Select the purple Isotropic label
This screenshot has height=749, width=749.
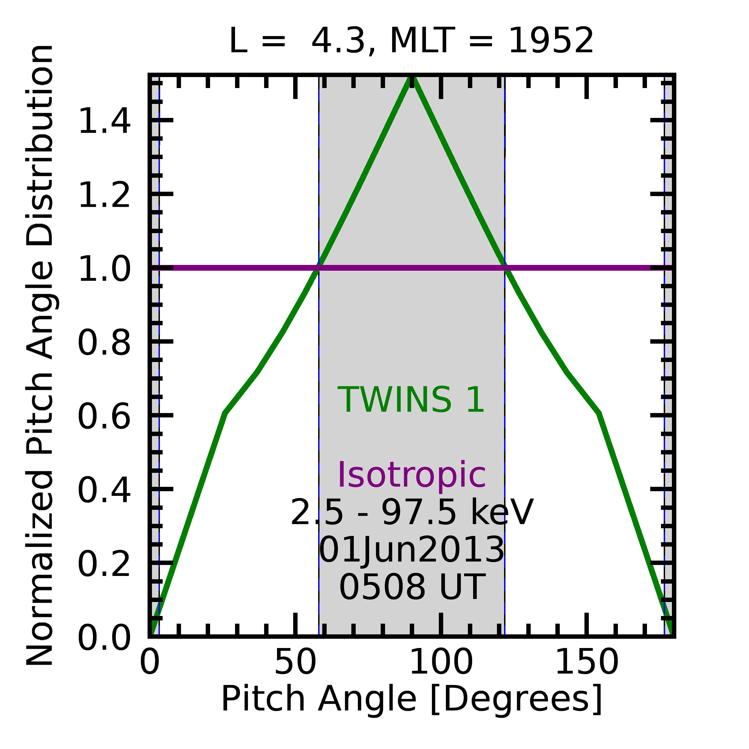(x=411, y=475)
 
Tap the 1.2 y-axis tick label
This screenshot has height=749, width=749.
(x=104, y=195)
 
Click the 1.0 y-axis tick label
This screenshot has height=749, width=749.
(x=104, y=269)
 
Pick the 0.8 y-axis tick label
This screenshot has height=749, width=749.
(x=104, y=343)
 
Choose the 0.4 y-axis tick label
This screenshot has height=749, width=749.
(x=104, y=490)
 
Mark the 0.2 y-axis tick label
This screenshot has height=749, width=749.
(x=104, y=564)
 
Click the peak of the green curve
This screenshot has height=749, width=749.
(x=412, y=78)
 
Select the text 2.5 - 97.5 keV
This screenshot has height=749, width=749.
(x=412, y=513)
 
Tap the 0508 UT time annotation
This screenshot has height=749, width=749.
(x=412, y=587)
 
